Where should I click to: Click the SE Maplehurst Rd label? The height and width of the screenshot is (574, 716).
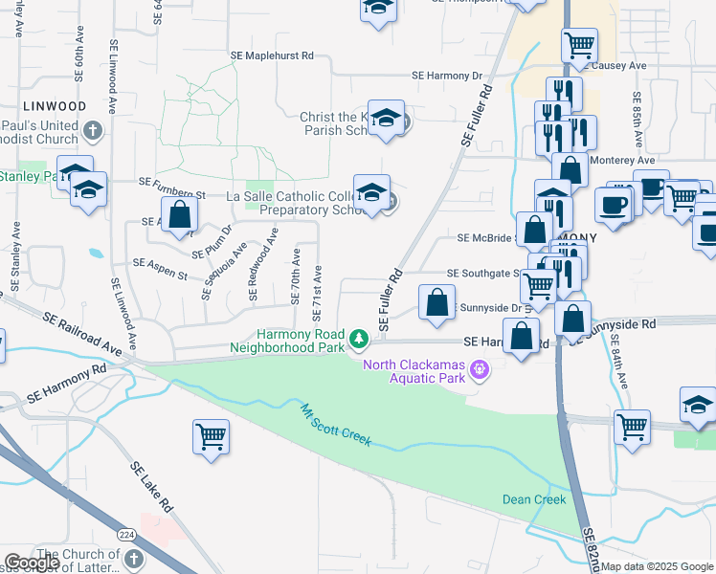point(272,56)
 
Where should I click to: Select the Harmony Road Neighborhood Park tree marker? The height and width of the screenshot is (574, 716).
point(359,339)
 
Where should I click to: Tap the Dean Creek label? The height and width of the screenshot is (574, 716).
point(534,499)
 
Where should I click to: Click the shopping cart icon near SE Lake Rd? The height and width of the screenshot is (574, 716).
point(210,436)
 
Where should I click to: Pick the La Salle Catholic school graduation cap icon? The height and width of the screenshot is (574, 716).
point(371,191)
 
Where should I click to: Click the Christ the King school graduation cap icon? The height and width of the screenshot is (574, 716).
point(384,118)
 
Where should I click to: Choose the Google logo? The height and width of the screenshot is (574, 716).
point(32,563)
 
